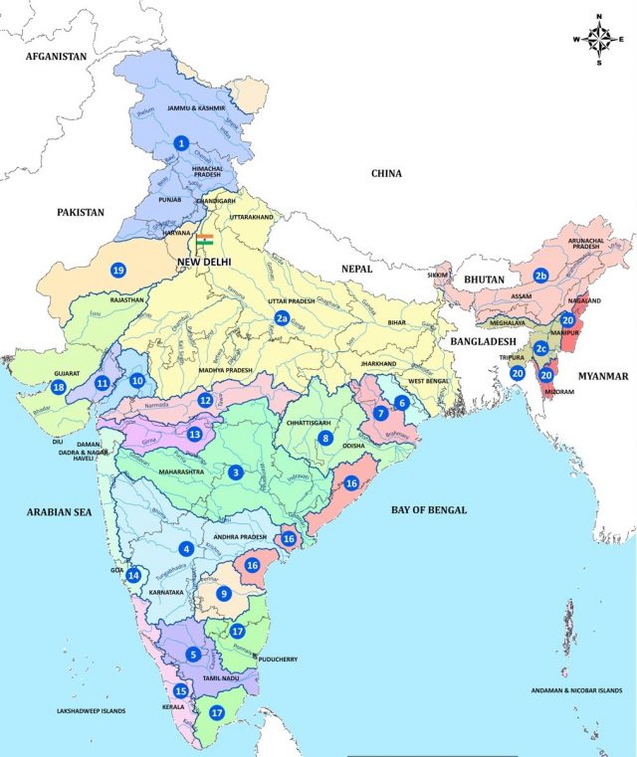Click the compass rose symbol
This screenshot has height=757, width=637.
tap(599, 40)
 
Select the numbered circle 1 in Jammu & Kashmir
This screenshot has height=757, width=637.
tap(181, 143)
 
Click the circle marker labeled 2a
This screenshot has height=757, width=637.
tap(283, 318)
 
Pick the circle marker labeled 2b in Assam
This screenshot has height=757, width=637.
tap(540, 276)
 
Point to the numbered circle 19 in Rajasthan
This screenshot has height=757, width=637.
tap(118, 271)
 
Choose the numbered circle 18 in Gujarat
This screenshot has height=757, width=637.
tap(59, 387)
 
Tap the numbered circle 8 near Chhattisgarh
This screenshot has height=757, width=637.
tap(324, 438)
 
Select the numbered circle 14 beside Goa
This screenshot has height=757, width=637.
tap(133, 575)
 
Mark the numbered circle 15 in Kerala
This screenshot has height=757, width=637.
tap(180, 691)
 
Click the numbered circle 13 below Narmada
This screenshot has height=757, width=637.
tap(195, 434)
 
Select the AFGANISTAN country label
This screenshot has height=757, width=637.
tap(58, 58)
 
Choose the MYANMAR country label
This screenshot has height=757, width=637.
tap(600, 376)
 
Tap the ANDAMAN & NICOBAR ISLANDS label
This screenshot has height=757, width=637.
tap(575, 690)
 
